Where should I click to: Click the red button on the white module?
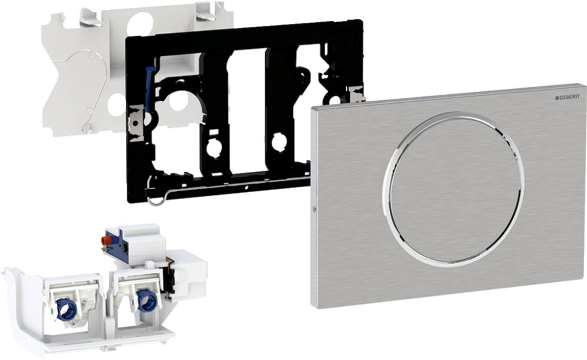coord(104,240)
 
